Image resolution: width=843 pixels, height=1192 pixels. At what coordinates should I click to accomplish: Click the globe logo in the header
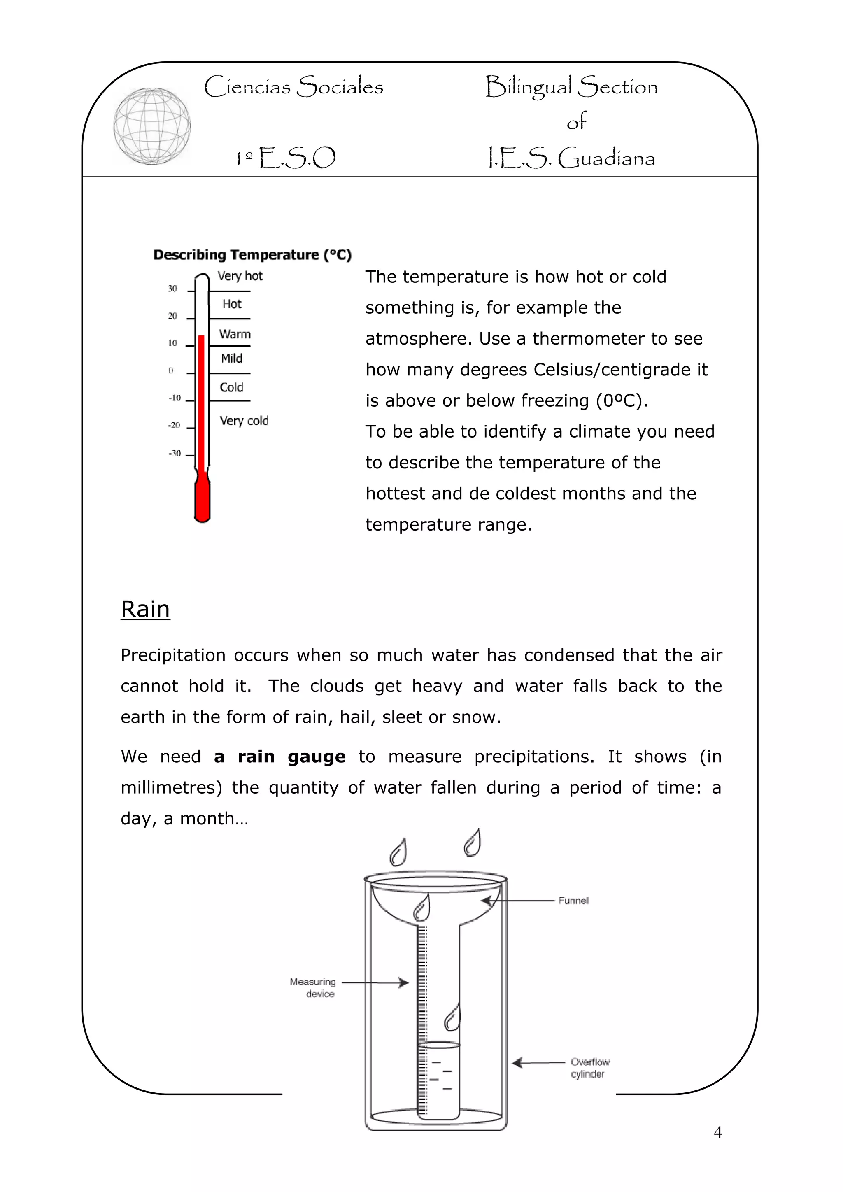click(x=151, y=126)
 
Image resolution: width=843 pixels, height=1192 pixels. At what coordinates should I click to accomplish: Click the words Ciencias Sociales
click(x=294, y=87)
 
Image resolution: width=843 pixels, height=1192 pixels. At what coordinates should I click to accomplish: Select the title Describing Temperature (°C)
click(x=252, y=255)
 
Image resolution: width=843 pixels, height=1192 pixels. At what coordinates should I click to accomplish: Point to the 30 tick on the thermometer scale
click(x=172, y=289)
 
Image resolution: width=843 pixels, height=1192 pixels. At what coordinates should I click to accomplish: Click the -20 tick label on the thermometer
click(x=174, y=425)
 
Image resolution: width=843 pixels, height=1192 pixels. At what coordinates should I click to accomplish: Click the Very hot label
click(x=240, y=276)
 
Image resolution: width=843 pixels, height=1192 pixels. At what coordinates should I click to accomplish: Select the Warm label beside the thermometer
click(x=235, y=334)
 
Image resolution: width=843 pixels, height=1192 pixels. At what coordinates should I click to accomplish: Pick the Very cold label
click(x=244, y=421)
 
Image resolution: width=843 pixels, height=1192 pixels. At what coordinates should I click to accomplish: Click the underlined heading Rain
click(x=145, y=609)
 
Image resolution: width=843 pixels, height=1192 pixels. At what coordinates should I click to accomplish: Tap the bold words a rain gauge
click(x=280, y=757)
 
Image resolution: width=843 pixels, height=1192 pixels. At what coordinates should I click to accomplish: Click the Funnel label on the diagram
click(x=573, y=901)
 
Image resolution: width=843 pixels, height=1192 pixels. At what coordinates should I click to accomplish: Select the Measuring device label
click(x=313, y=987)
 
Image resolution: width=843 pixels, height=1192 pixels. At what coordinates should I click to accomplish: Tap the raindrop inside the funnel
click(x=421, y=908)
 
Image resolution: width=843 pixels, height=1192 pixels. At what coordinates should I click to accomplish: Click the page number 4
click(x=718, y=1132)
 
